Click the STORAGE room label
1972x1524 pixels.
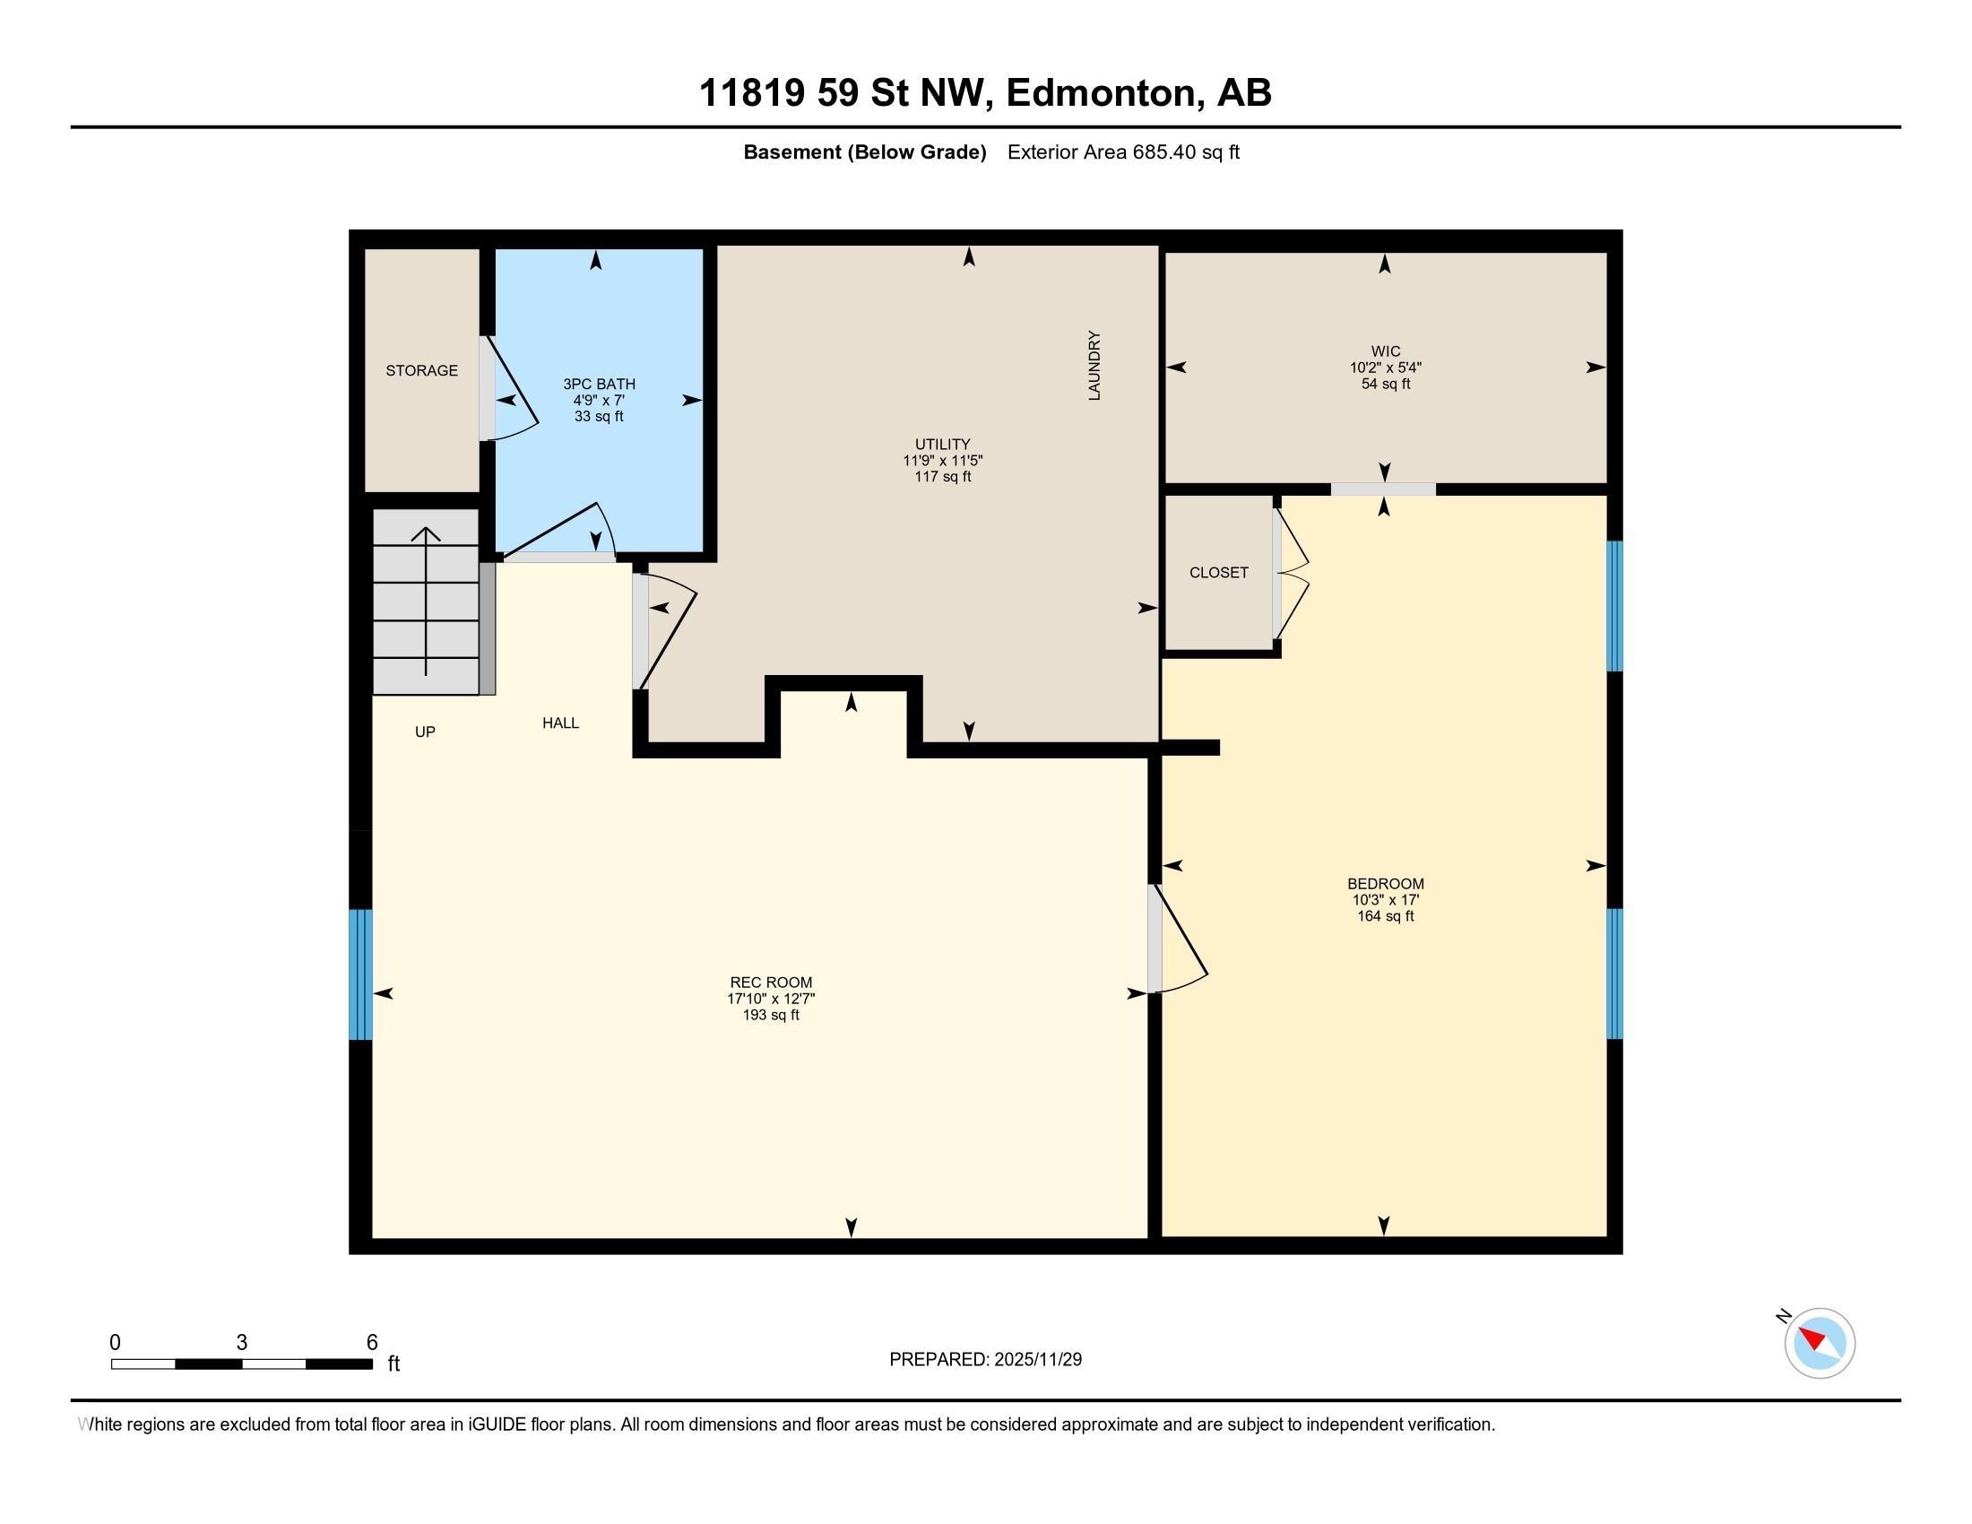tap(421, 370)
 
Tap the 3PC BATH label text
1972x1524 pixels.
tap(599, 384)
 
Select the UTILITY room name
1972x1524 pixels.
tap(943, 444)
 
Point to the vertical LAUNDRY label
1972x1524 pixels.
tap(1094, 366)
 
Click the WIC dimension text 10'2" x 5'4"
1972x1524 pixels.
tap(1386, 368)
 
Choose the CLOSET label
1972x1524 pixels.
tap(1219, 573)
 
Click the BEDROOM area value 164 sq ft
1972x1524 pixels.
tap(1385, 916)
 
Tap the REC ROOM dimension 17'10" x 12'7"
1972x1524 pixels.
tap(771, 999)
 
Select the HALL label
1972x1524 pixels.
tap(561, 723)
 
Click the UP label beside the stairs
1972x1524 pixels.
tap(425, 732)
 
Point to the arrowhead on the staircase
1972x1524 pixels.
tap(425, 533)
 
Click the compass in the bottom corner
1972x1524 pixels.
tap(1820, 1343)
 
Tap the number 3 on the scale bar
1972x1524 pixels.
tap(242, 1343)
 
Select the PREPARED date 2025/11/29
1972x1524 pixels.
tap(1036, 1360)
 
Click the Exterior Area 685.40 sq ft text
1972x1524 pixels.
tap(1123, 152)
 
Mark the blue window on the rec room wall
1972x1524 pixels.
tap(360, 974)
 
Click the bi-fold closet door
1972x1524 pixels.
tap(1291, 574)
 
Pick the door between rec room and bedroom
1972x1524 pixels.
tap(1178, 939)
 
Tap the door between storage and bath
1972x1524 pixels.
tap(507, 388)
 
